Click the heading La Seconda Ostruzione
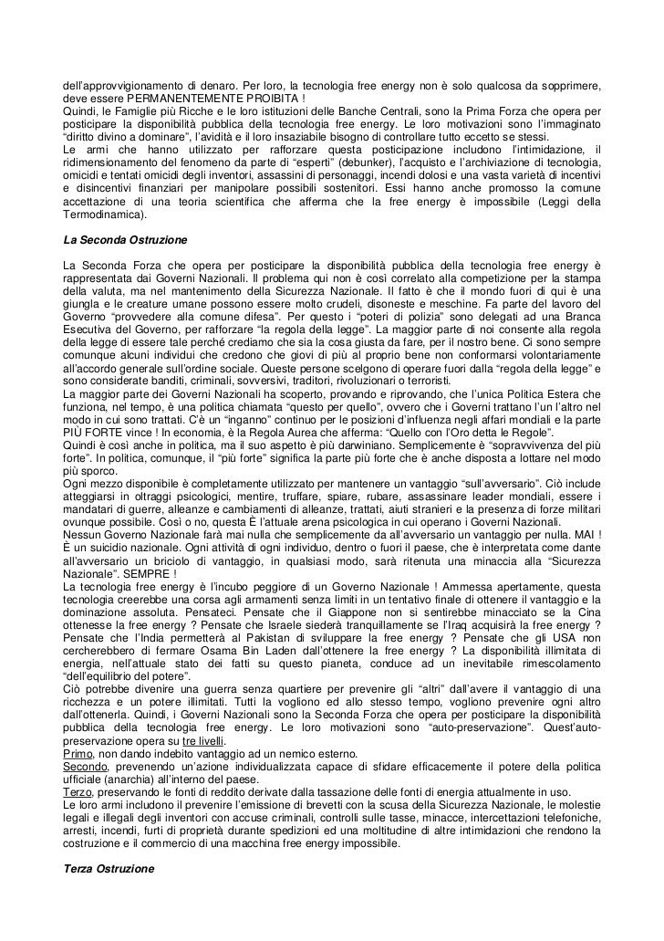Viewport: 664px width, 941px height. pyautogui.click(x=123, y=238)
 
